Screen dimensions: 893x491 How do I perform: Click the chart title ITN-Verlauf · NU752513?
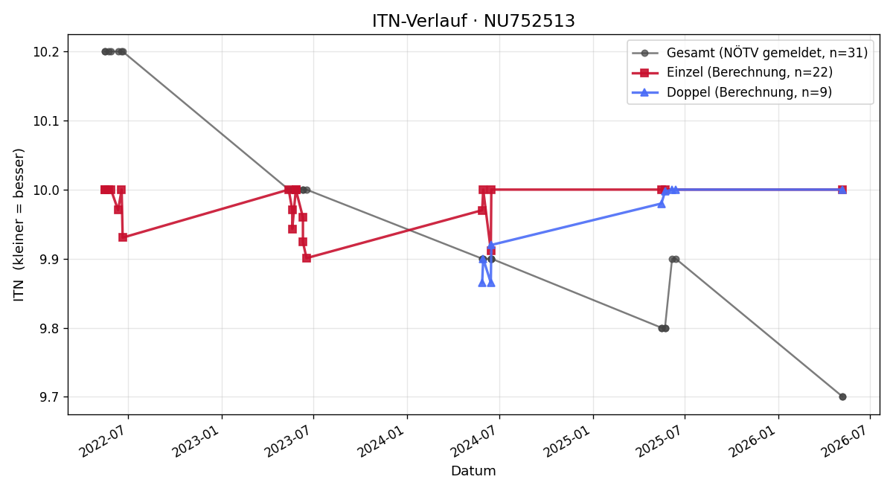473,21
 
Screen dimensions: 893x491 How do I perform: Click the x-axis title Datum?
473,471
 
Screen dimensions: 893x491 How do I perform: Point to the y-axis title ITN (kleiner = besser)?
19,225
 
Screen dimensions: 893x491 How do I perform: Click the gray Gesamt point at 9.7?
842,397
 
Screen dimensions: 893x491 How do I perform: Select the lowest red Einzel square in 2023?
307,258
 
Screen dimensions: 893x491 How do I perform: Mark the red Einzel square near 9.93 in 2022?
123,237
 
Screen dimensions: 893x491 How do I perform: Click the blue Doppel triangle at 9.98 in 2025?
662,204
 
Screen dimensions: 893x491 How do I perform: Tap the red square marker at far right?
842,190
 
